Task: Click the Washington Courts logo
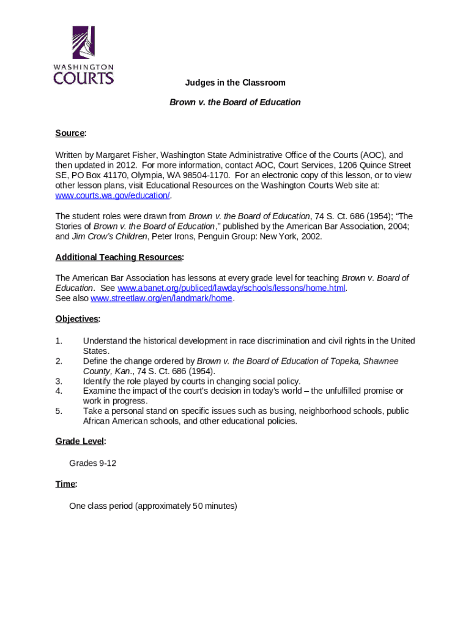point(83,55)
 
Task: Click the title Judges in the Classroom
point(236,83)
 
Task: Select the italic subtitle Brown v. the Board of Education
point(235,102)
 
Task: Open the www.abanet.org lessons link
point(231,288)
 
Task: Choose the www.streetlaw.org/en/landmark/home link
point(161,298)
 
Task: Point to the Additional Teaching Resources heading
point(119,257)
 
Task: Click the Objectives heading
point(77,319)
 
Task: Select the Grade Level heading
point(80,441)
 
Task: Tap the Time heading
point(65,484)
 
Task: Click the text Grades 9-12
point(92,464)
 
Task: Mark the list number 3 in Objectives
point(59,381)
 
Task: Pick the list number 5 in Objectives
point(59,411)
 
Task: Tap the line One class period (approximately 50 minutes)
point(153,506)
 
